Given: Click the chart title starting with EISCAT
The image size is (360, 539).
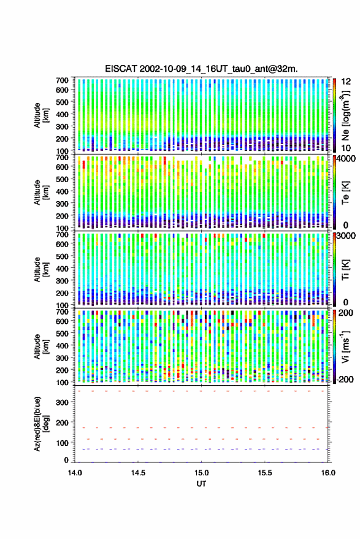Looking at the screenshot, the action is tap(201, 69).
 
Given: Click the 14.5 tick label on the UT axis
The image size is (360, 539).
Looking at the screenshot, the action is tap(138, 473).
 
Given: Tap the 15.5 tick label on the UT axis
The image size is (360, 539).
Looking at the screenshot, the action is tap(265, 473).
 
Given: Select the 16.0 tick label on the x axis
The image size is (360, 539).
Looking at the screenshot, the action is tap(328, 473).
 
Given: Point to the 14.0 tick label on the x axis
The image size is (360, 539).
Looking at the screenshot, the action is tap(75, 473).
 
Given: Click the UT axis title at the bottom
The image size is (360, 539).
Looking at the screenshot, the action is tap(201, 484).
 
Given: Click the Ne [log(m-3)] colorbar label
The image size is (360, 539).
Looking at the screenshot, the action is tap(346, 115).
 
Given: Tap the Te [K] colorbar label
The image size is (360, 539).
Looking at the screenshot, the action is tap(345, 193).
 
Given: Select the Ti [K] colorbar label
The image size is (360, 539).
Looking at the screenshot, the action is tap(345, 270).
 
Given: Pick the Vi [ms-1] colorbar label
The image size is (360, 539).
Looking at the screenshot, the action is tap(345, 346).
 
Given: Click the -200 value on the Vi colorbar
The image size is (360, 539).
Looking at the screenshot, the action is tap(345, 380).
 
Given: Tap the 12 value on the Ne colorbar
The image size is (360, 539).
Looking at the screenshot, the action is tap(346, 82).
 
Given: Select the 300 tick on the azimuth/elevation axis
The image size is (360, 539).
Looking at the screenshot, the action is tap(62, 402).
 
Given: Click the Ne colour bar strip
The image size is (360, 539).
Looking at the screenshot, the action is tap(334, 115).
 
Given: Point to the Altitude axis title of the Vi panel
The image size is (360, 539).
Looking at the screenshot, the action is tap(41, 346).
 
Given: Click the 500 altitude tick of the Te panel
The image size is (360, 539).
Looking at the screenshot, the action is tap(62, 179).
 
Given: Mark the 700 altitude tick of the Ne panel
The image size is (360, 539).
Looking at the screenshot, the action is tap(62, 80).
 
